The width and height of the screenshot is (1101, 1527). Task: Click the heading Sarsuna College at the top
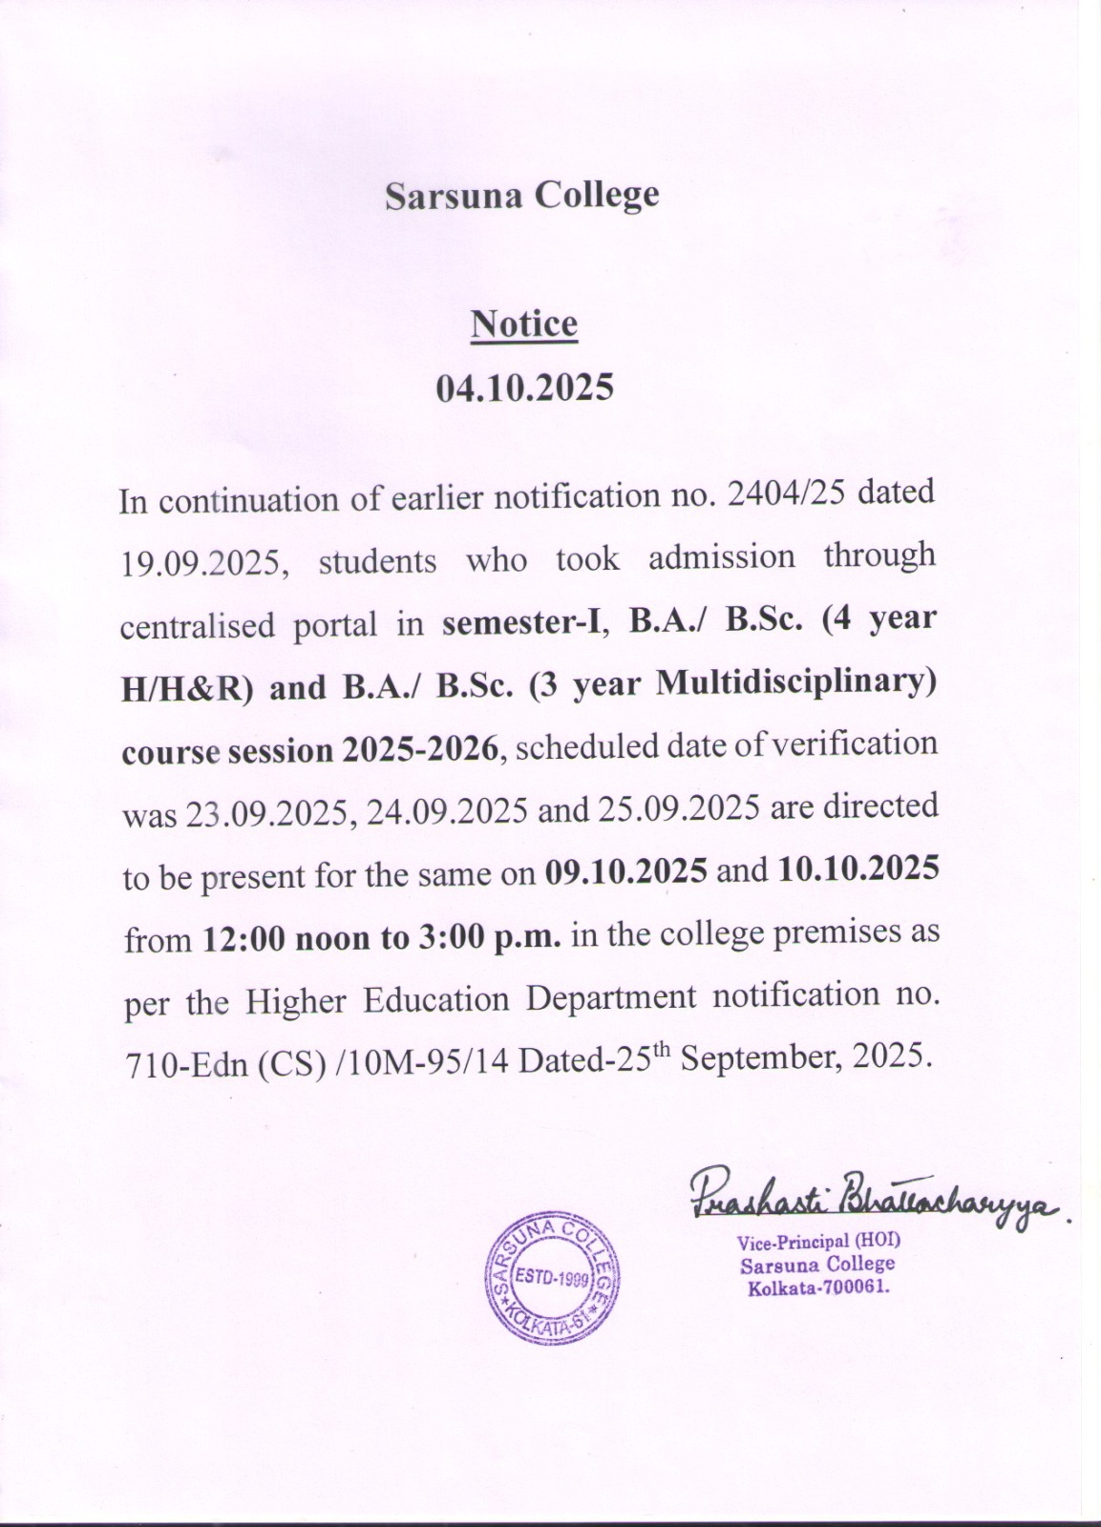[x=521, y=196]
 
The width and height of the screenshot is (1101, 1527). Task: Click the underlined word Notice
[x=524, y=324]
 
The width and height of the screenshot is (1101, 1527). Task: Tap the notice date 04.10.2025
[x=524, y=388]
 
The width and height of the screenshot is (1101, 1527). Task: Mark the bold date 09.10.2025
[x=626, y=871]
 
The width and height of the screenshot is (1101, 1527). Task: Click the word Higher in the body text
[x=295, y=1001]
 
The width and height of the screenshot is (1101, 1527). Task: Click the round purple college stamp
[x=553, y=1279]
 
